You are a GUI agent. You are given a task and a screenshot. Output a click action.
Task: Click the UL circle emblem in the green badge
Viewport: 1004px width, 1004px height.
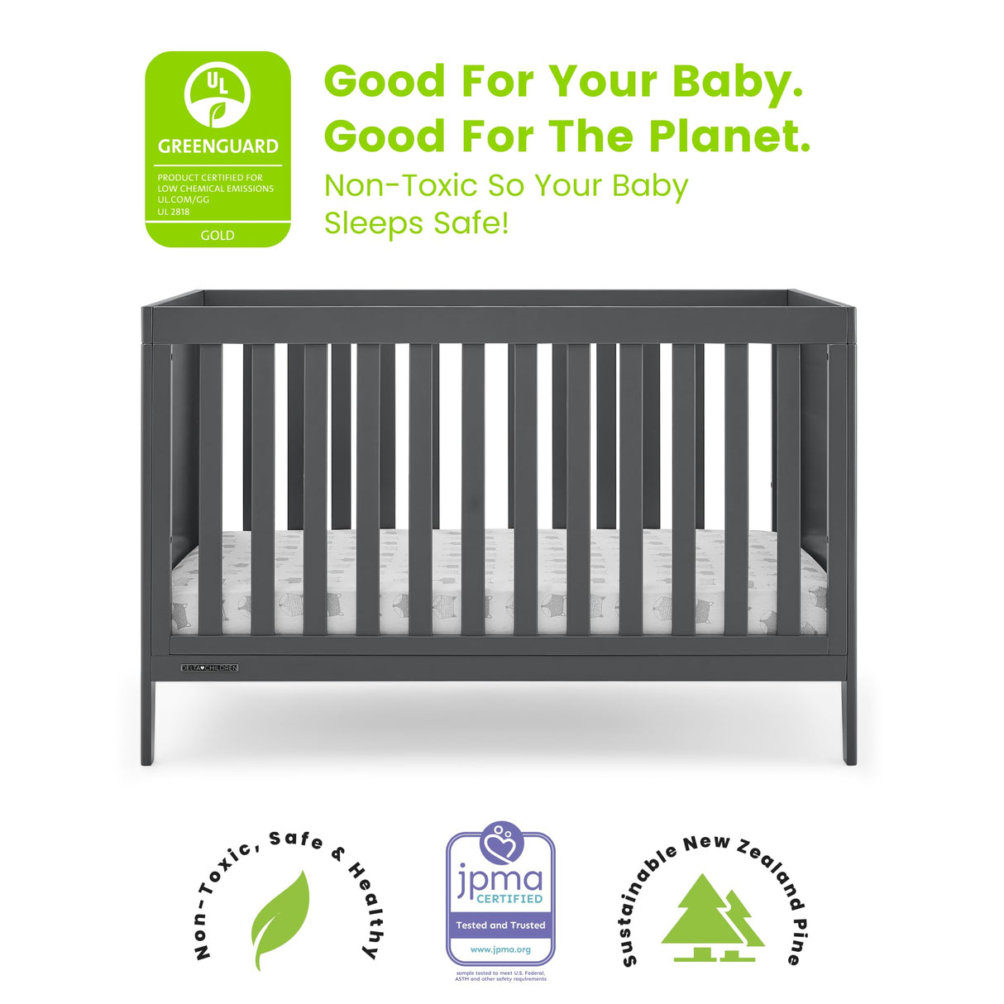(x=218, y=94)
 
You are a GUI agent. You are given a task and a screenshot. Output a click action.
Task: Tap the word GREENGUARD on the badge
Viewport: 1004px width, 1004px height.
(x=218, y=146)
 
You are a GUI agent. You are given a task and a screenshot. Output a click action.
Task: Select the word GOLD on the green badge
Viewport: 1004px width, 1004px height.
(x=218, y=236)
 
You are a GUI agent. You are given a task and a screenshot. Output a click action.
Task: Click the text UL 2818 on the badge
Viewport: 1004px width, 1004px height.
(x=174, y=212)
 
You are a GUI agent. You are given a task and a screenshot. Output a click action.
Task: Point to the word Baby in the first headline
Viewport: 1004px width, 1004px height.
(x=737, y=82)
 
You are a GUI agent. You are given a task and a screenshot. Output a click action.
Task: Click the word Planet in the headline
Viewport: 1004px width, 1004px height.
(x=729, y=136)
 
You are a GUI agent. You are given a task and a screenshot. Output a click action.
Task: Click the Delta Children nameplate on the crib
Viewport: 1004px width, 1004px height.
(x=209, y=667)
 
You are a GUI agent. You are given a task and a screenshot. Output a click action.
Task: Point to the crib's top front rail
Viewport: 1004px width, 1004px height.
(x=499, y=324)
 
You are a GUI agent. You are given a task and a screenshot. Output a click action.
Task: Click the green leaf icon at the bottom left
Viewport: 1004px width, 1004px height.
(x=281, y=919)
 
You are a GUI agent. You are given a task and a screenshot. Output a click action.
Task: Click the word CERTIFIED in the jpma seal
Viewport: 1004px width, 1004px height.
(x=509, y=899)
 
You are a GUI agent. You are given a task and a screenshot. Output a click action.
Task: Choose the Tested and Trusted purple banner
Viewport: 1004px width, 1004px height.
(x=500, y=925)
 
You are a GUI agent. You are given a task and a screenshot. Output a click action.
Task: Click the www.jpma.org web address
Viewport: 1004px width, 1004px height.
(x=500, y=949)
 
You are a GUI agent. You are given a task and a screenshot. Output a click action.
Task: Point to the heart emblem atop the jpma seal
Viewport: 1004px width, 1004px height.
(x=501, y=842)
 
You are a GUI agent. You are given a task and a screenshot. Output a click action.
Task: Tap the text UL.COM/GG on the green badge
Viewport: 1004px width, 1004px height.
(x=184, y=200)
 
